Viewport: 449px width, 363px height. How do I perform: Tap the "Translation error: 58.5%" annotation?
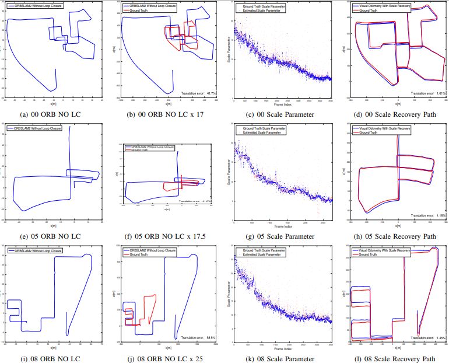[x=199, y=337]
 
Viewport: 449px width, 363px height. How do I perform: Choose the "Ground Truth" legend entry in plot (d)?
[x=371, y=10]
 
